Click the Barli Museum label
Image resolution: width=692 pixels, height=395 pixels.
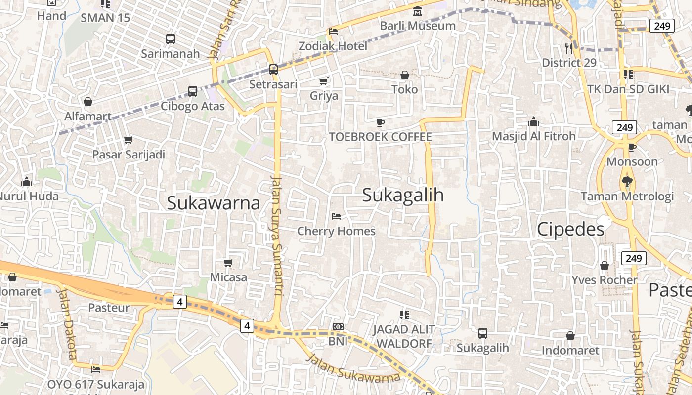coord(418,26)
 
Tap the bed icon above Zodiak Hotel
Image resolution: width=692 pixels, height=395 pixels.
coord(333,32)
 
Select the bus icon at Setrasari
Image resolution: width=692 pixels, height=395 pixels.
coord(273,70)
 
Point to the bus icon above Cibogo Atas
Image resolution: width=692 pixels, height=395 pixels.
coord(193,91)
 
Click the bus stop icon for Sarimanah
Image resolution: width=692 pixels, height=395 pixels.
coord(171,39)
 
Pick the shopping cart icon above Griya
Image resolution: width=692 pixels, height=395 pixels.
coord(324,81)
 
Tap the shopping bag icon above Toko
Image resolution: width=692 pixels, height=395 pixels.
coord(405,75)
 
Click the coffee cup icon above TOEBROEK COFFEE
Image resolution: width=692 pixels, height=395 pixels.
coord(380,122)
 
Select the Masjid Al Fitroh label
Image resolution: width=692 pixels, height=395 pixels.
coord(534,136)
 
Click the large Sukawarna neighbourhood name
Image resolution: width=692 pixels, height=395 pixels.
coord(214,203)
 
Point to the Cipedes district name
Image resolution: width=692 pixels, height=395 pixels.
coord(570,229)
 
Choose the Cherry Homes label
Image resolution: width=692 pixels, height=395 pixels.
coord(336,231)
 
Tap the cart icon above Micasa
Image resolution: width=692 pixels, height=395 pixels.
coord(228,263)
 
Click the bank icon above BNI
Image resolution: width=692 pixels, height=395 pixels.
coord(338,327)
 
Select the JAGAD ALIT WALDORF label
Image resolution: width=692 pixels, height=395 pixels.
coord(404,336)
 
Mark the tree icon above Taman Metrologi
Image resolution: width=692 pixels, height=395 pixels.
coord(627,181)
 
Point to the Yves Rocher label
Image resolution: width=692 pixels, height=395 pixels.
coord(605,280)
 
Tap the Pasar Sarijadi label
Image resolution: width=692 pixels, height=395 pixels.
coord(129,155)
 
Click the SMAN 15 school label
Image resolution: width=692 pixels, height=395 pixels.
coord(105,18)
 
